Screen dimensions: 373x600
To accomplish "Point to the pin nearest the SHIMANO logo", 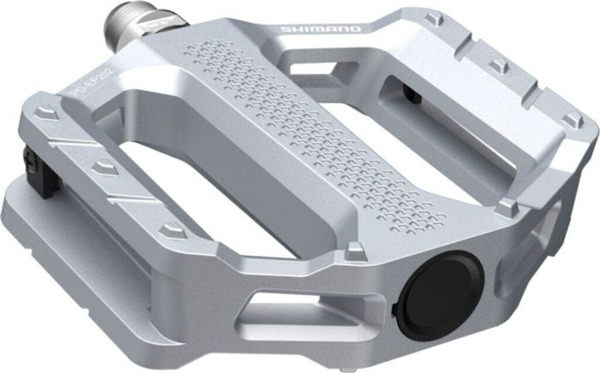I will point(434,19).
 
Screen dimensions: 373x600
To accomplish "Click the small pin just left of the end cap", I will point(354,252).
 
